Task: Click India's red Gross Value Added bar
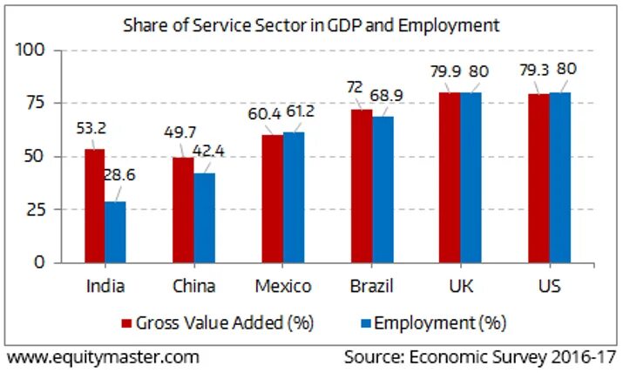click(94, 206)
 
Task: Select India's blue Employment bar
click(115, 232)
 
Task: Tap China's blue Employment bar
click(204, 217)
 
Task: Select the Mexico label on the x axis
click(281, 286)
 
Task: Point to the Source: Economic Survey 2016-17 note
click(479, 357)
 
